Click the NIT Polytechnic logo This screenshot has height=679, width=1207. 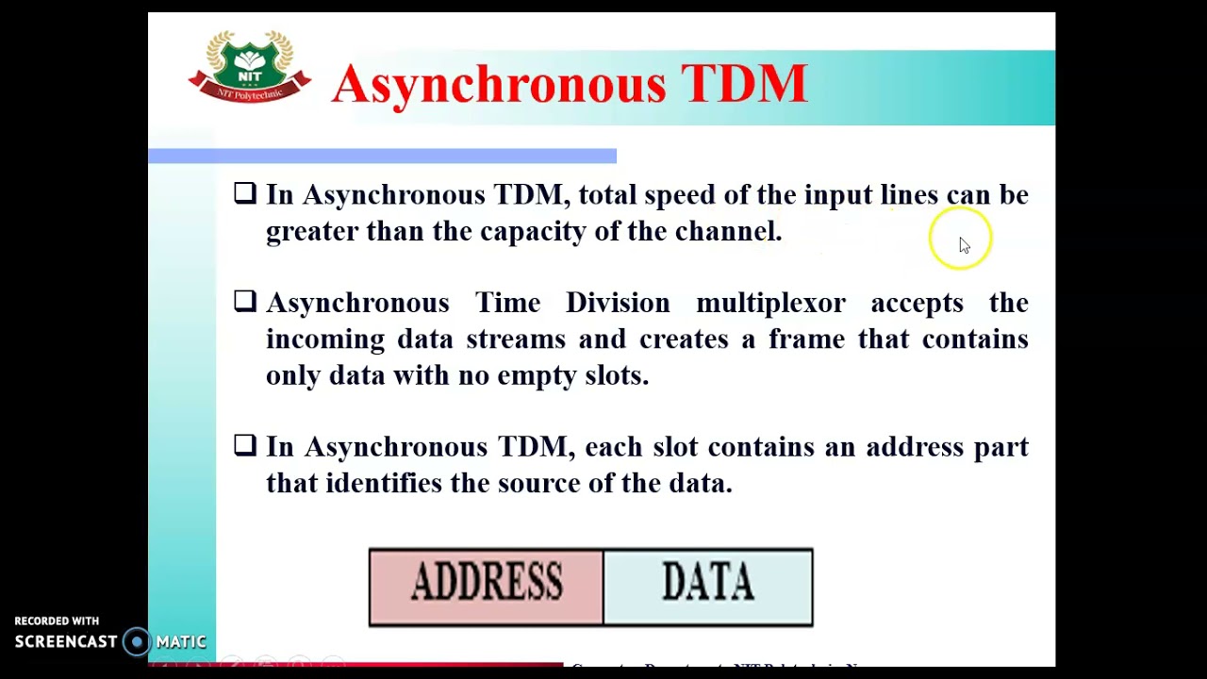coord(250,66)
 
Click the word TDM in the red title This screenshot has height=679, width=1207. coord(744,84)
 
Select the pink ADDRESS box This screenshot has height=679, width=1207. coord(486,587)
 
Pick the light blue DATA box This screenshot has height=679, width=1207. coord(708,587)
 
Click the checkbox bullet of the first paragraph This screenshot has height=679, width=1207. coord(245,193)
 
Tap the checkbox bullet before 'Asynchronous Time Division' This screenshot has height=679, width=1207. coord(245,301)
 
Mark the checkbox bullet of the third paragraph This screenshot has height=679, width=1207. coord(245,445)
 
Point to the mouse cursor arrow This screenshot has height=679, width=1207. coord(964,245)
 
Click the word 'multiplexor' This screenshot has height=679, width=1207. coord(770,304)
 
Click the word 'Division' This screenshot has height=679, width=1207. coord(618,304)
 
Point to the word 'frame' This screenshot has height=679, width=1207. coord(806,339)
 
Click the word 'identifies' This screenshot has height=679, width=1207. coord(383,484)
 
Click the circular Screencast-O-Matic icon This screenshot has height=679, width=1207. coord(137,642)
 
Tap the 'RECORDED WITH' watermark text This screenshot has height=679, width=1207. coord(57,621)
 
